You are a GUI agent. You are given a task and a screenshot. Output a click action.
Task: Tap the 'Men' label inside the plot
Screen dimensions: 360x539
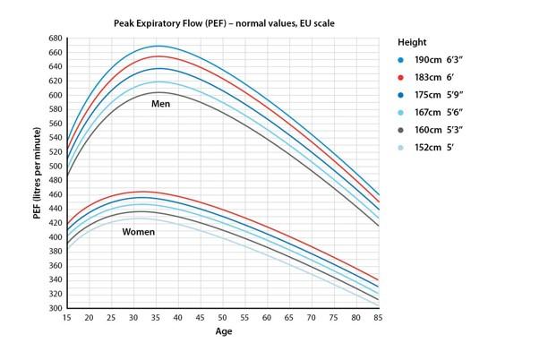pos(160,104)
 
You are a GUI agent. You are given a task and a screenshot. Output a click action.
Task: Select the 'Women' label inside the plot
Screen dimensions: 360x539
pos(138,232)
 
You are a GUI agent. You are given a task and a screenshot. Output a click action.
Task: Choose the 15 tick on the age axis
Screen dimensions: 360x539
pos(65,318)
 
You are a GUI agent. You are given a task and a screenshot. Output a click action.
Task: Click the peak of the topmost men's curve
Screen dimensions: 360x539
pos(158,46)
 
